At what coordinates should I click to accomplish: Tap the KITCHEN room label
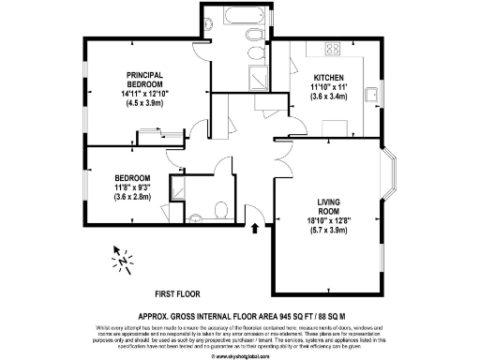[x=328, y=78]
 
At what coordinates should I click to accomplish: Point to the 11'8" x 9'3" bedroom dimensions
[x=132, y=188]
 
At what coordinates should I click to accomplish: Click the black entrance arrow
[x=256, y=228]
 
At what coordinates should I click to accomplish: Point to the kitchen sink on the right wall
[x=372, y=92]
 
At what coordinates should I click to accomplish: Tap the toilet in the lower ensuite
[x=218, y=208]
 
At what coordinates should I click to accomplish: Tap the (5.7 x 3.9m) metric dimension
[x=328, y=230]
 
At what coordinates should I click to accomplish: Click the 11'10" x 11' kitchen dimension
[x=328, y=87]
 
